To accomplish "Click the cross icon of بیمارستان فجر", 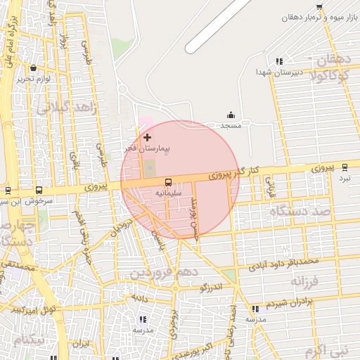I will tap(147, 137).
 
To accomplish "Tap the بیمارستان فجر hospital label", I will tap(147, 149).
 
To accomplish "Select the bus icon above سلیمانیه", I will tap(167, 181).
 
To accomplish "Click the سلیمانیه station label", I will tap(168, 192).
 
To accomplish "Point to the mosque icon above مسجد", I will tap(231, 115).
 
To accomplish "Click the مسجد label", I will tap(231, 125).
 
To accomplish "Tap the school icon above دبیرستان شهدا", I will tap(279, 61).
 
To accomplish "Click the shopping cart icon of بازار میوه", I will tap(320, 6).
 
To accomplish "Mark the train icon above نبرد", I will tap(345, 167).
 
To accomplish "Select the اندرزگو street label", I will tap(211, 288).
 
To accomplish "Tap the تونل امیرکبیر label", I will tap(33, 309).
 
